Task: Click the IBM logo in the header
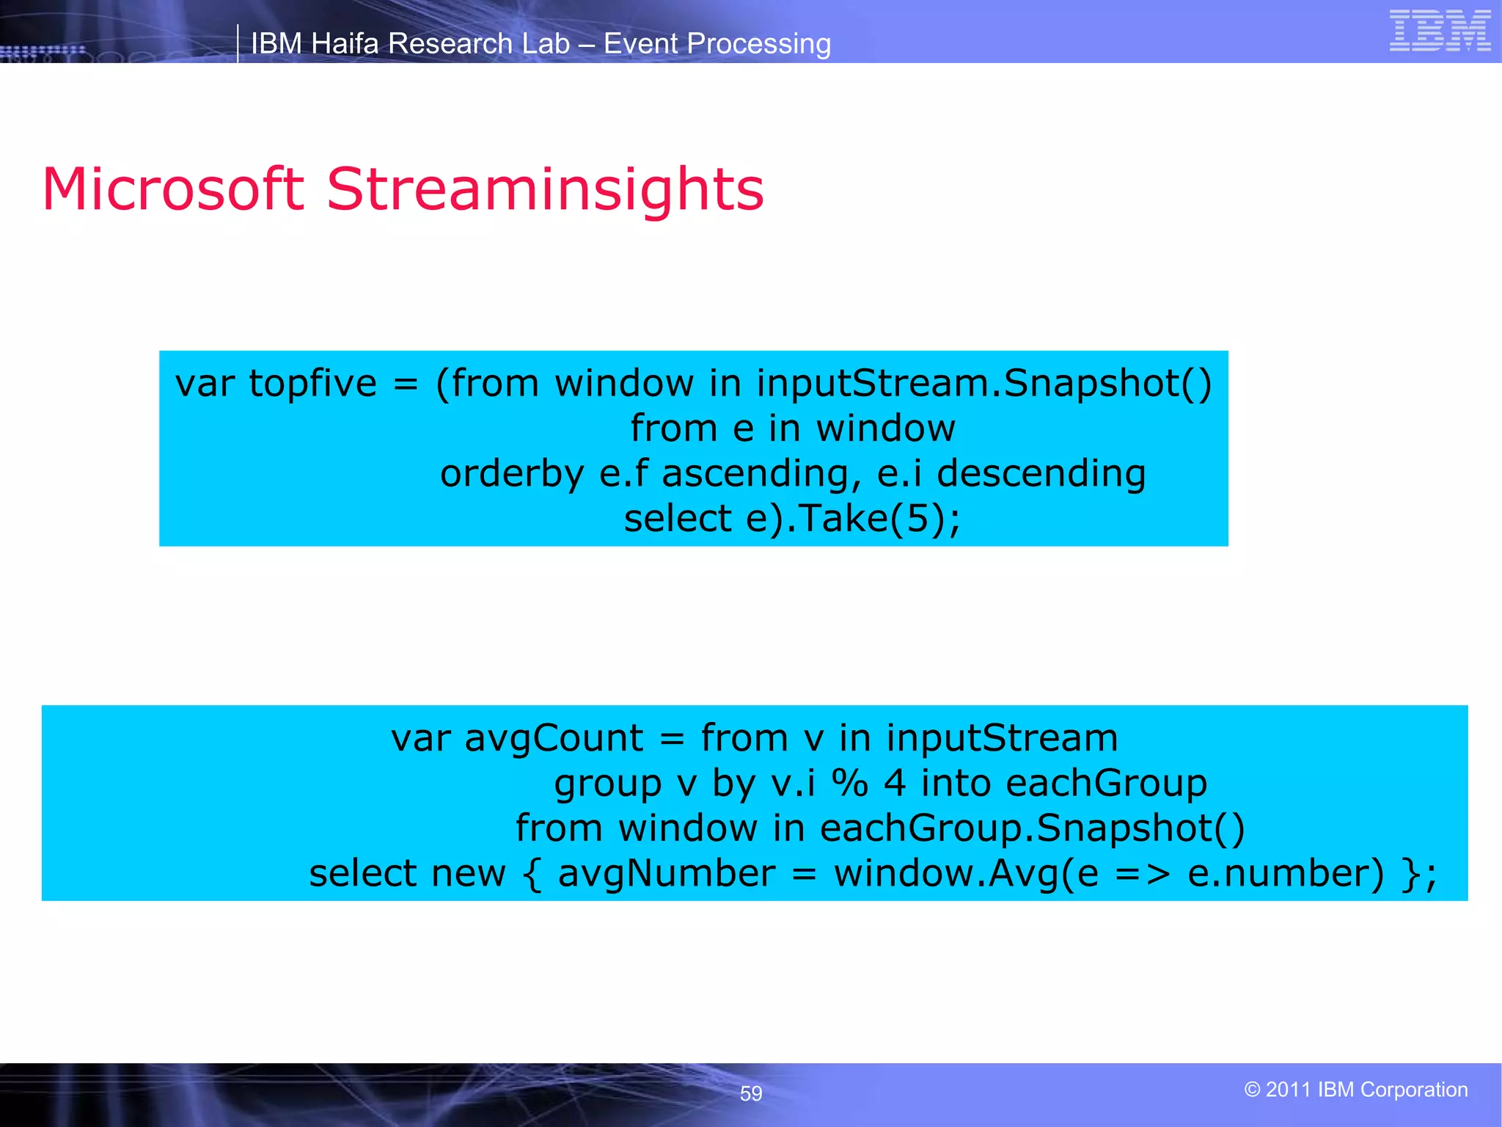click(1440, 31)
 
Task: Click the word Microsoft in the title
click(173, 189)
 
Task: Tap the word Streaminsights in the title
click(544, 189)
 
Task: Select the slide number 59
click(751, 1093)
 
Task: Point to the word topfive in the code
click(312, 384)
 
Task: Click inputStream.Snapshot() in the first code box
click(983, 384)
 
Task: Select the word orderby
click(511, 474)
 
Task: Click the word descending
click(1041, 474)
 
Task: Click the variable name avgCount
click(554, 738)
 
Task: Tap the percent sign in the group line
click(849, 784)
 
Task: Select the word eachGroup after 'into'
click(1106, 784)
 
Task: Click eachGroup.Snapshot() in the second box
click(1032, 828)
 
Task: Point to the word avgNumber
click(666, 874)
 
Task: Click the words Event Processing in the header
click(717, 44)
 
